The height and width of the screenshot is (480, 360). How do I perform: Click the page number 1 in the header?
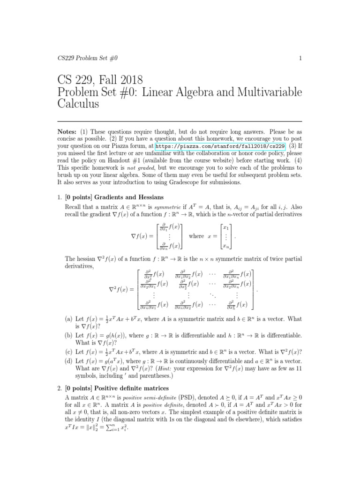299,58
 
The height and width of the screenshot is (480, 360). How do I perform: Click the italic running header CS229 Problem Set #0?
84,58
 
